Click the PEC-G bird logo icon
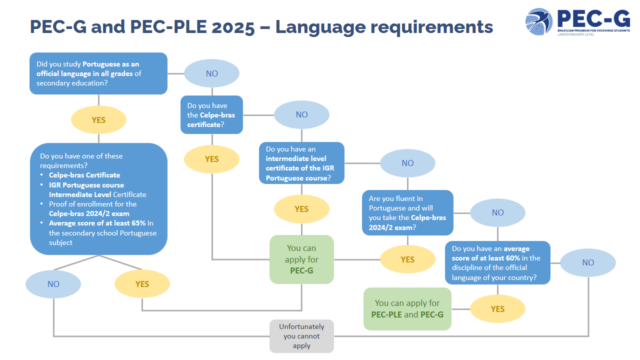pos(539,21)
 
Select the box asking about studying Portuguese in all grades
pos(98,73)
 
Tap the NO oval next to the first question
pos(211,73)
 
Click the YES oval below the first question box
pos(98,120)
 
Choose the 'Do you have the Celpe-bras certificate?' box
pos(211,115)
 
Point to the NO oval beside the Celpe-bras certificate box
pos(301,114)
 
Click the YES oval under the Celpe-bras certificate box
pos(211,159)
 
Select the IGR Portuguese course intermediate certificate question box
pos(301,163)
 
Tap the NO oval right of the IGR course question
pos(407,163)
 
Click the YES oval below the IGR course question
pos(301,209)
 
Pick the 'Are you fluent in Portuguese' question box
pos(407,212)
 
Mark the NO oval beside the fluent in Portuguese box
pos(497,212)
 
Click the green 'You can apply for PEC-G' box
pos(301,259)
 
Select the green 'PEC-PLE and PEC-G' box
pos(407,309)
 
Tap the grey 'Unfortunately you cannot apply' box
pos(301,336)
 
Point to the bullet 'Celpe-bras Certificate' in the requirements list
pos(84,175)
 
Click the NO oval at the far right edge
pos(588,262)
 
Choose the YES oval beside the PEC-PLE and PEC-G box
pos(497,309)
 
